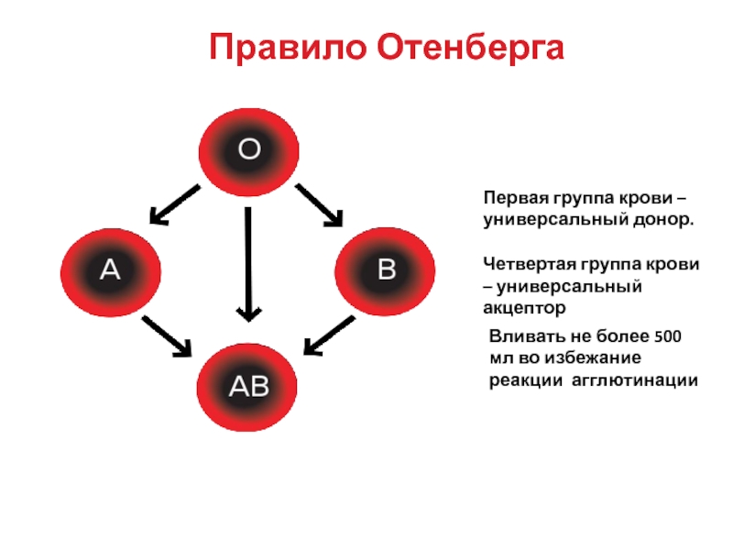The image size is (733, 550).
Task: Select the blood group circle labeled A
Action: pyautogui.click(x=110, y=269)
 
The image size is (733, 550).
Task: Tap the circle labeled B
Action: pyautogui.click(x=386, y=269)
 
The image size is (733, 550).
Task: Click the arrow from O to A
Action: pyautogui.click(x=175, y=204)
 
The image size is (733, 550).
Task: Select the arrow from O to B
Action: pyautogui.click(x=319, y=204)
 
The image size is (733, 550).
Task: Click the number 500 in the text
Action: pyautogui.click(x=665, y=336)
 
